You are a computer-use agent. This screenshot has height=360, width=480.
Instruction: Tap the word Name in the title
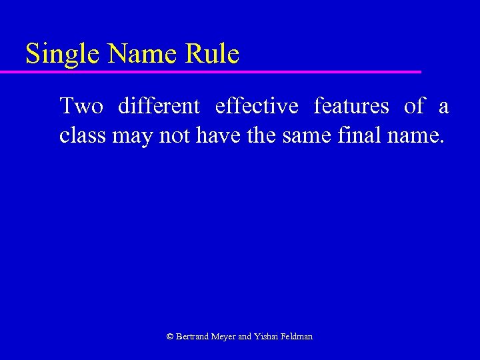(133, 54)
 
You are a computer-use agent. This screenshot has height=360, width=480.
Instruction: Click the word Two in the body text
(81, 106)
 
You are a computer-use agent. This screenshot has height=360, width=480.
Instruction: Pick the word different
(159, 106)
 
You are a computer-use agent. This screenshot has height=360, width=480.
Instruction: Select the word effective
(257, 106)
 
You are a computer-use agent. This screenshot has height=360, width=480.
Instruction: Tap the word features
(351, 106)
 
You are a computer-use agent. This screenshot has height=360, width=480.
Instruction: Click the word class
(83, 136)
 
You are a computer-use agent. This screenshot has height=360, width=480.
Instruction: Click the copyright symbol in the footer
(169, 337)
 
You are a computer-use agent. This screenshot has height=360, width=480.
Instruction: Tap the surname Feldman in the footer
(298, 337)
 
